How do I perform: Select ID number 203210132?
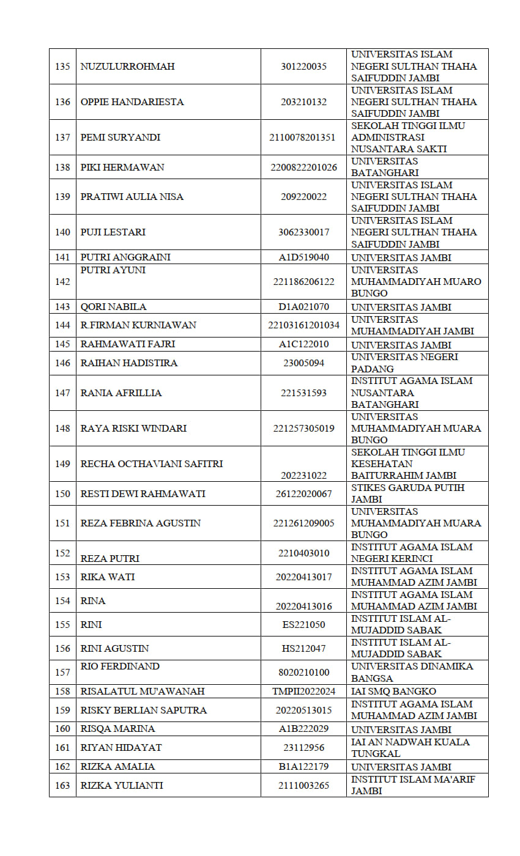click(x=303, y=101)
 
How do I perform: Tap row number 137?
click(x=62, y=137)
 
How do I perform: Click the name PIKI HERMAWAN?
click(x=122, y=167)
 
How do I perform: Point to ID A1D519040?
click(x=303, y=257)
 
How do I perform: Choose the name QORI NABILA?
click(x=114, y=307)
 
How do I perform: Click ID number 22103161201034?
click(x=303, y=325)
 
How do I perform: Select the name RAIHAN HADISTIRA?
click(x=129, y=363)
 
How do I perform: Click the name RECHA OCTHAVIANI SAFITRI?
click(x=152, y=463)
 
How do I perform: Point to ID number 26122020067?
click(x=303, y=493)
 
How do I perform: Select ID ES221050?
click(x=303, y=624)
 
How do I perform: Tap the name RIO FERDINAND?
click(x=120, y=666)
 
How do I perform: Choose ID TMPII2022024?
click(x=303, y=692)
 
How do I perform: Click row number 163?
click(x=62, y=785)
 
